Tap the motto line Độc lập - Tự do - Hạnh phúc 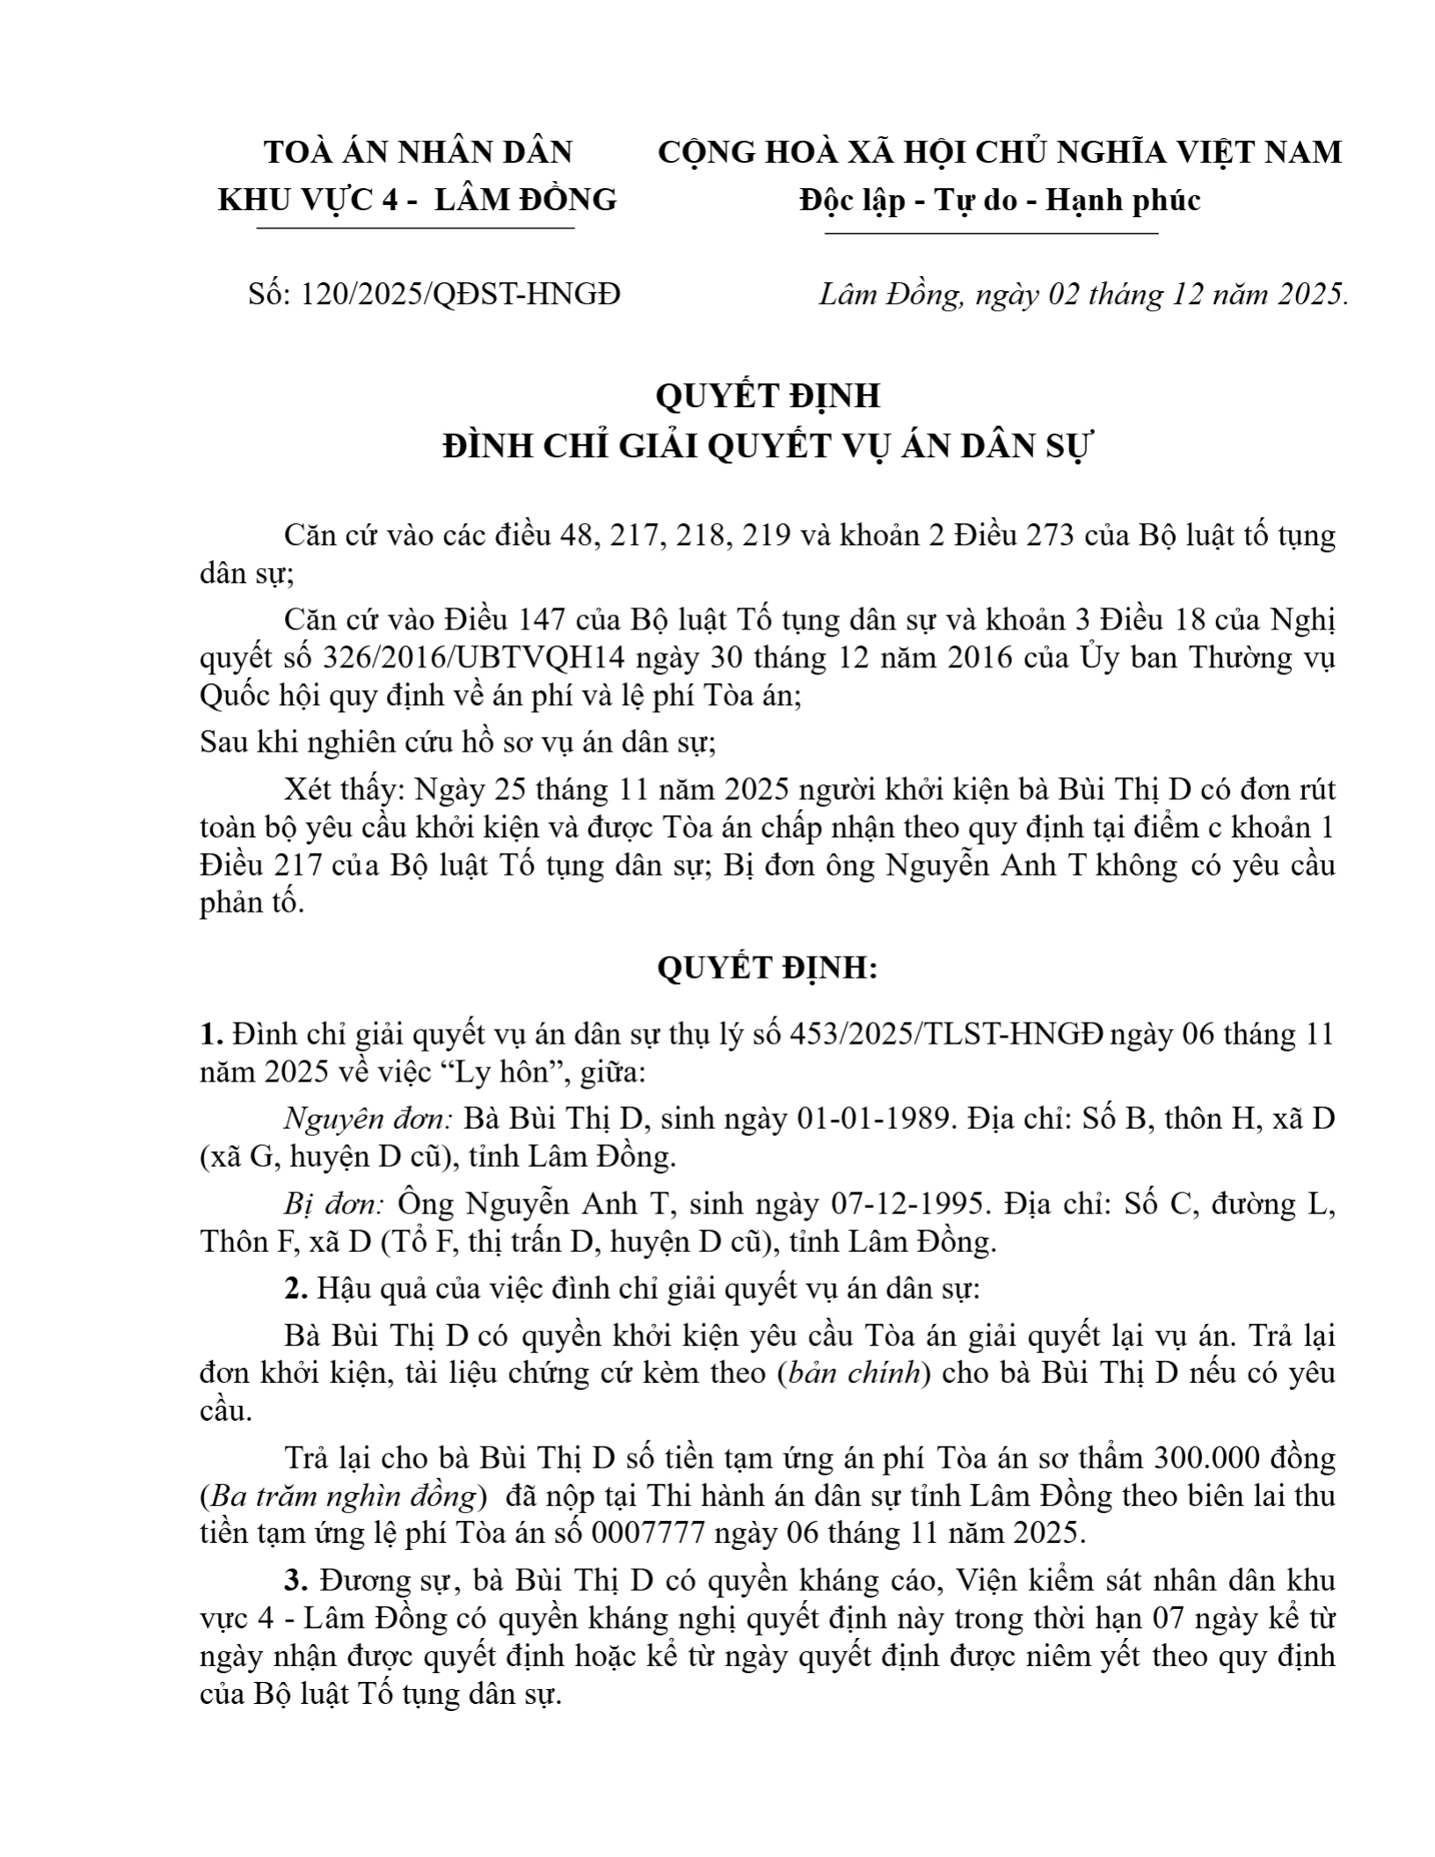(x=999, y=201)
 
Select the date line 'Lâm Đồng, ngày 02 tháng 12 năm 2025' (x=1082, y=295)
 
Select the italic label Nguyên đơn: (x=368, y=1119)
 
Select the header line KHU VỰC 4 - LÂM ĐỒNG (x=417, y=201)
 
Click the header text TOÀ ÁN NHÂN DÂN (x=419, y=153)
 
